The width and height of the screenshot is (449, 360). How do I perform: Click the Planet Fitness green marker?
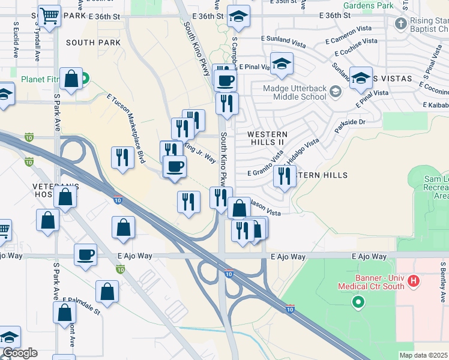point(85,77)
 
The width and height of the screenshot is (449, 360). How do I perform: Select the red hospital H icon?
point(413,280)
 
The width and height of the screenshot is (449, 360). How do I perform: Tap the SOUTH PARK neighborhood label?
point(93,43)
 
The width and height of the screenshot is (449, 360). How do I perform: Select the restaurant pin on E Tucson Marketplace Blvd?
point(122,158)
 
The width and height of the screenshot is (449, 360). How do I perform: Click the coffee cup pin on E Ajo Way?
point(85,254)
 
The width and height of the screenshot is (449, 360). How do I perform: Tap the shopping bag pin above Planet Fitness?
point(71,79)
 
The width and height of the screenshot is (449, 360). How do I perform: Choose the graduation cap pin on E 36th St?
point(238,18)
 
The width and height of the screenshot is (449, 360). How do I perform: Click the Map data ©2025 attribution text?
point(423,355)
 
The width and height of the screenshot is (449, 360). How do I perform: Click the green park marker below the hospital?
point(358,302)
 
